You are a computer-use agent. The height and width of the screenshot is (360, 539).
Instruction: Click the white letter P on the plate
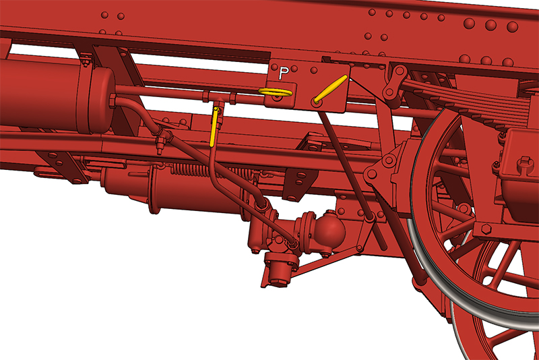pos(283,73)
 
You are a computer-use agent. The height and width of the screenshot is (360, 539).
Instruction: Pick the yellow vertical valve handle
pos(214,127)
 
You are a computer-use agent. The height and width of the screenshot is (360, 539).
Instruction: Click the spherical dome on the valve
pos(329,229)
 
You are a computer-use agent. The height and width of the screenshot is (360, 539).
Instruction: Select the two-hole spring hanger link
pos(395,82)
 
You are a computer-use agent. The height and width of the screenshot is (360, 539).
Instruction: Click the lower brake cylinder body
pos(193,193)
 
